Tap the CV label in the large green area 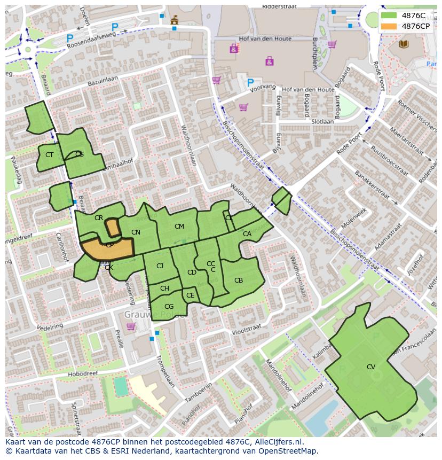click(x=371, y=367)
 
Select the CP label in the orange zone click(x=109, y=245)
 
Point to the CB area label click(x=239, y=280)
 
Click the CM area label click(x=179, y=227)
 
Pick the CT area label click(x=49, y=155)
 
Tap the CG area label click(x=169, y=306)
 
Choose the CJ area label click(x=160, y=266)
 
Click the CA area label click(x=247, y=234)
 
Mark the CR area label click(x=99, y=218)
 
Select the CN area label click(x=136, y=232)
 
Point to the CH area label click(x=164, y=289)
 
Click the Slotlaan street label click(x=322, y=122)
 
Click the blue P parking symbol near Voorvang click(x=250, y=83)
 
